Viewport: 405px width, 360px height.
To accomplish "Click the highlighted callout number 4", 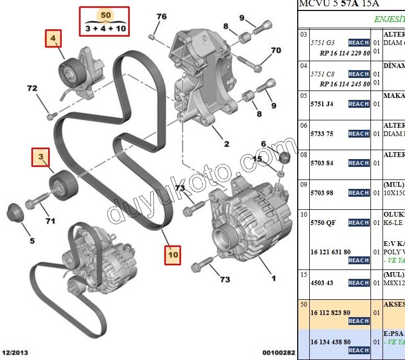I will [x=53, y=38].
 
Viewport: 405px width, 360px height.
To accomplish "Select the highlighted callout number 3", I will [x=40, y=156].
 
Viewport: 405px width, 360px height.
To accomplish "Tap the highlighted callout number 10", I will [x=173, y=255].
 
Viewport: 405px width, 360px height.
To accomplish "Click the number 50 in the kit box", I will [x=106, y=16].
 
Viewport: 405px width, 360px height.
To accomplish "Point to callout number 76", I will [x=161, y=17].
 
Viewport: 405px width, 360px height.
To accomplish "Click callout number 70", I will [x=276, y=51].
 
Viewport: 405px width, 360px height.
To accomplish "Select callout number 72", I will [x=32, y=88].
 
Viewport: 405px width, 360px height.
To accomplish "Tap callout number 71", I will [x=50, y=221].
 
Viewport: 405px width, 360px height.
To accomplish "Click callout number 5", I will [x=32, y=241].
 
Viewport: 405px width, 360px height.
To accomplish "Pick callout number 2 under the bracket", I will [x=227, y=144].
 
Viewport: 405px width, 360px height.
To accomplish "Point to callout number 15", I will [x=257, y=159].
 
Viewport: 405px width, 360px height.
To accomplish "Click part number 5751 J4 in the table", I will [x=322, y=104].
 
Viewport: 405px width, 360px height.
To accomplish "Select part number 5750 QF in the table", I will [x=323, y=223].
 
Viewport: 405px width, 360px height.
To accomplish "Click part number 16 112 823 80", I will [x=330, y=313].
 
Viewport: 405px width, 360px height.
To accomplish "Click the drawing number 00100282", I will [x=279, y=353].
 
